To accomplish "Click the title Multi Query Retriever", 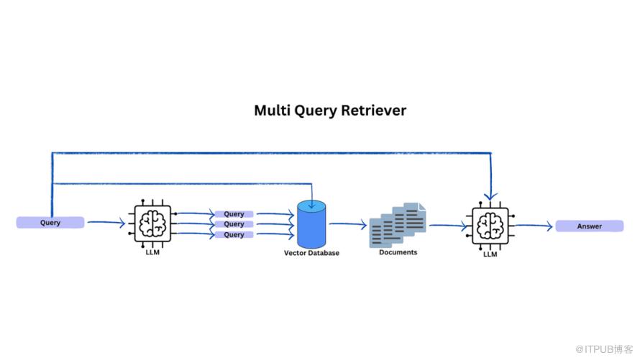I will coord(330,111).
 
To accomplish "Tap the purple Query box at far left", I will coord(50,223).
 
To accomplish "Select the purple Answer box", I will coord(589,226).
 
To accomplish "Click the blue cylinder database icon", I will coord(311,223).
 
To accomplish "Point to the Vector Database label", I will coord(311,253).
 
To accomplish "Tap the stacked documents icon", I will coord(398,223).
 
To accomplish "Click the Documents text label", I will coord(398,252).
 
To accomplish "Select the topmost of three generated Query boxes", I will coord(234,214).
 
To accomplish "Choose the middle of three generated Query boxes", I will coord(234,224).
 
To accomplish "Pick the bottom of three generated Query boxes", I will coord(234,234).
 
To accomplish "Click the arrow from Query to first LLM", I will coord(106,224).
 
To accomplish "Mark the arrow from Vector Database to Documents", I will coord(348,224).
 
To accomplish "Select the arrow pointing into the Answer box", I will coord(534,226).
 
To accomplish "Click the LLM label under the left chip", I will coord(152,252).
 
